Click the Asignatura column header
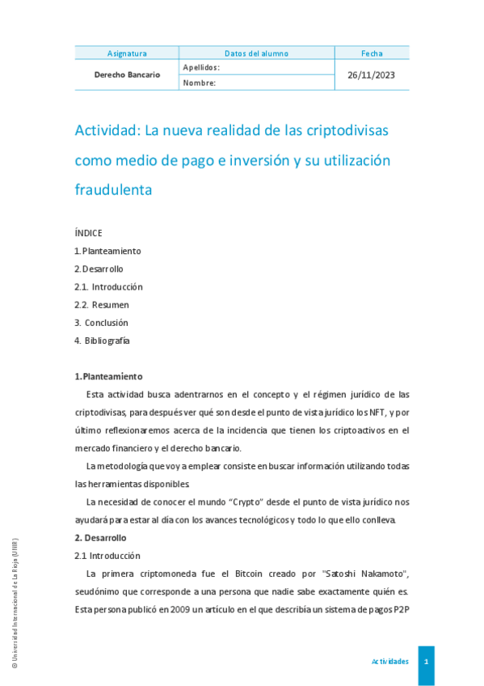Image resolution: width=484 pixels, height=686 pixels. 127,53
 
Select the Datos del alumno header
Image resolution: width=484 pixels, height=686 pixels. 256,53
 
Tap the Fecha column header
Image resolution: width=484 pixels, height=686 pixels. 372,53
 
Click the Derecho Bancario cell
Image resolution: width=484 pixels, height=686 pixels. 127,74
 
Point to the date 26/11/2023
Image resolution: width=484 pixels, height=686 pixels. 372,74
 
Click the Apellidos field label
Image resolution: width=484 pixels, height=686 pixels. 201,67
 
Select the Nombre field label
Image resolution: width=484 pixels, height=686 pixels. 199,83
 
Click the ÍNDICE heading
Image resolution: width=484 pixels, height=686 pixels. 88,233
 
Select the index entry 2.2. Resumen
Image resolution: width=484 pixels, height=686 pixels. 101,305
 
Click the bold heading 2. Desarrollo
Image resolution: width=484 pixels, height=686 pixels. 100,538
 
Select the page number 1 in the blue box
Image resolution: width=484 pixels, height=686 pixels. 426,662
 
